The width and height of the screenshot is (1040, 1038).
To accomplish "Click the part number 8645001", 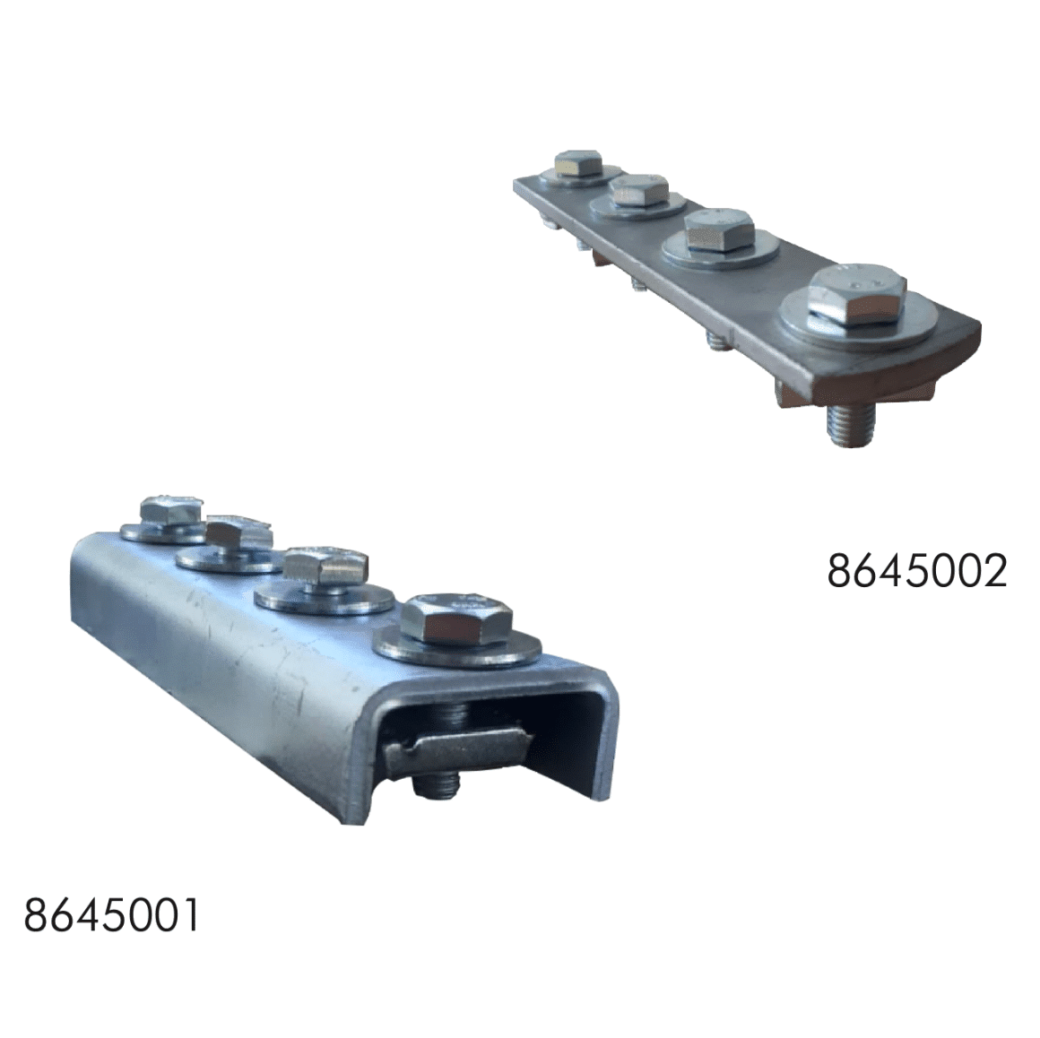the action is tap(111, 916).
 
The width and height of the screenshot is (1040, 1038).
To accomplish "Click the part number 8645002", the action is tap(917, 570).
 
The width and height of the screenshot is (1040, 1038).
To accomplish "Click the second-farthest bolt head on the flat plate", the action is tap(640, 190).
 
